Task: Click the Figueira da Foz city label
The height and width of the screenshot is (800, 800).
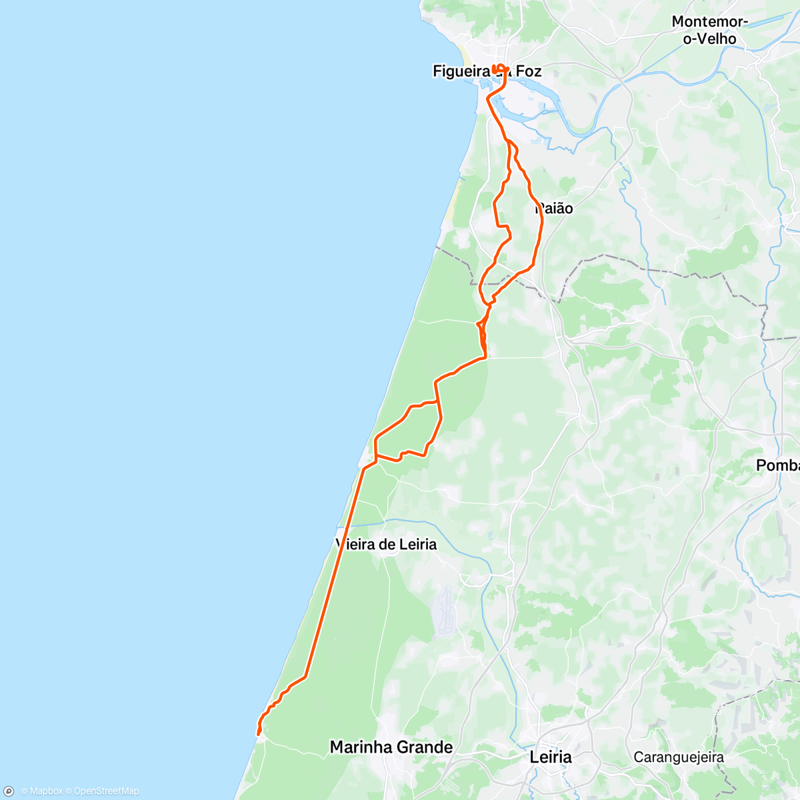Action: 487,71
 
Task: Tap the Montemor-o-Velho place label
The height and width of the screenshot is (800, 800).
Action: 709,30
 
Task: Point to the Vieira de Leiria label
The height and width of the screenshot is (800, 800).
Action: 387,545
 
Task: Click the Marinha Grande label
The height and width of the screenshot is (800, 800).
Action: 391,747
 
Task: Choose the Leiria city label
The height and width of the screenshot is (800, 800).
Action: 551,757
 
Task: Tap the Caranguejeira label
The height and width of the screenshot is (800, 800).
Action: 679,757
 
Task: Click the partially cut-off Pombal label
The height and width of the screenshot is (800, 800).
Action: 778,465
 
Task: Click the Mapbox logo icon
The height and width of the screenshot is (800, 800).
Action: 9,791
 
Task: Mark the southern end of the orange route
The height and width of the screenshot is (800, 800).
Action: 257,734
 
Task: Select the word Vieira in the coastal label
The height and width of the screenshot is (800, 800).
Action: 357,545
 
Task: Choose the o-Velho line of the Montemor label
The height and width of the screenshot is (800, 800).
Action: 709,39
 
